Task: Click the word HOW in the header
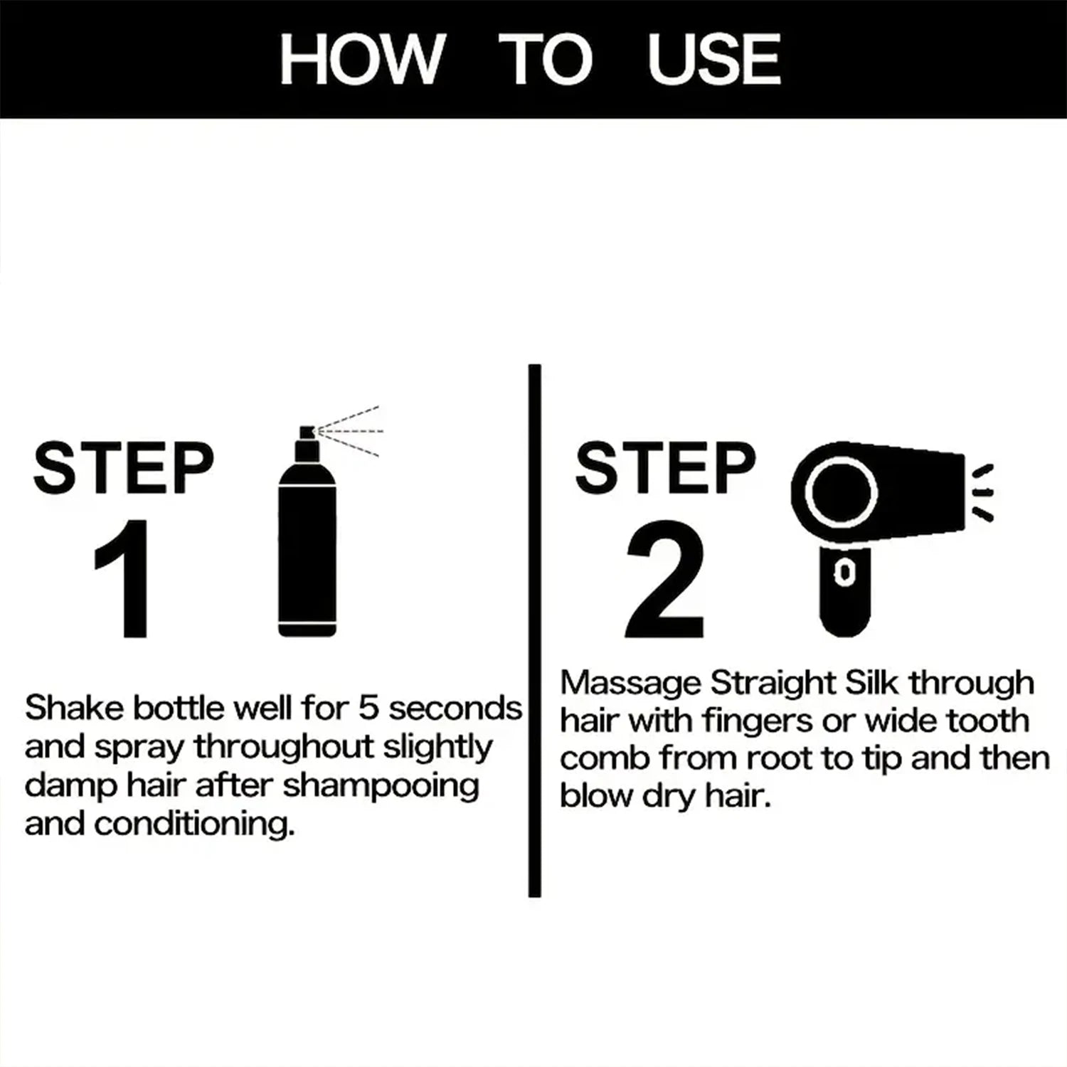361,60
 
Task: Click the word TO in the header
545,60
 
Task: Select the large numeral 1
122,580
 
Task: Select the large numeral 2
665,580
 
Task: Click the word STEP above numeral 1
123,468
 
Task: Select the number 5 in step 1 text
369,708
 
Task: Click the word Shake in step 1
75,708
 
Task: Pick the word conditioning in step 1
193,824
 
